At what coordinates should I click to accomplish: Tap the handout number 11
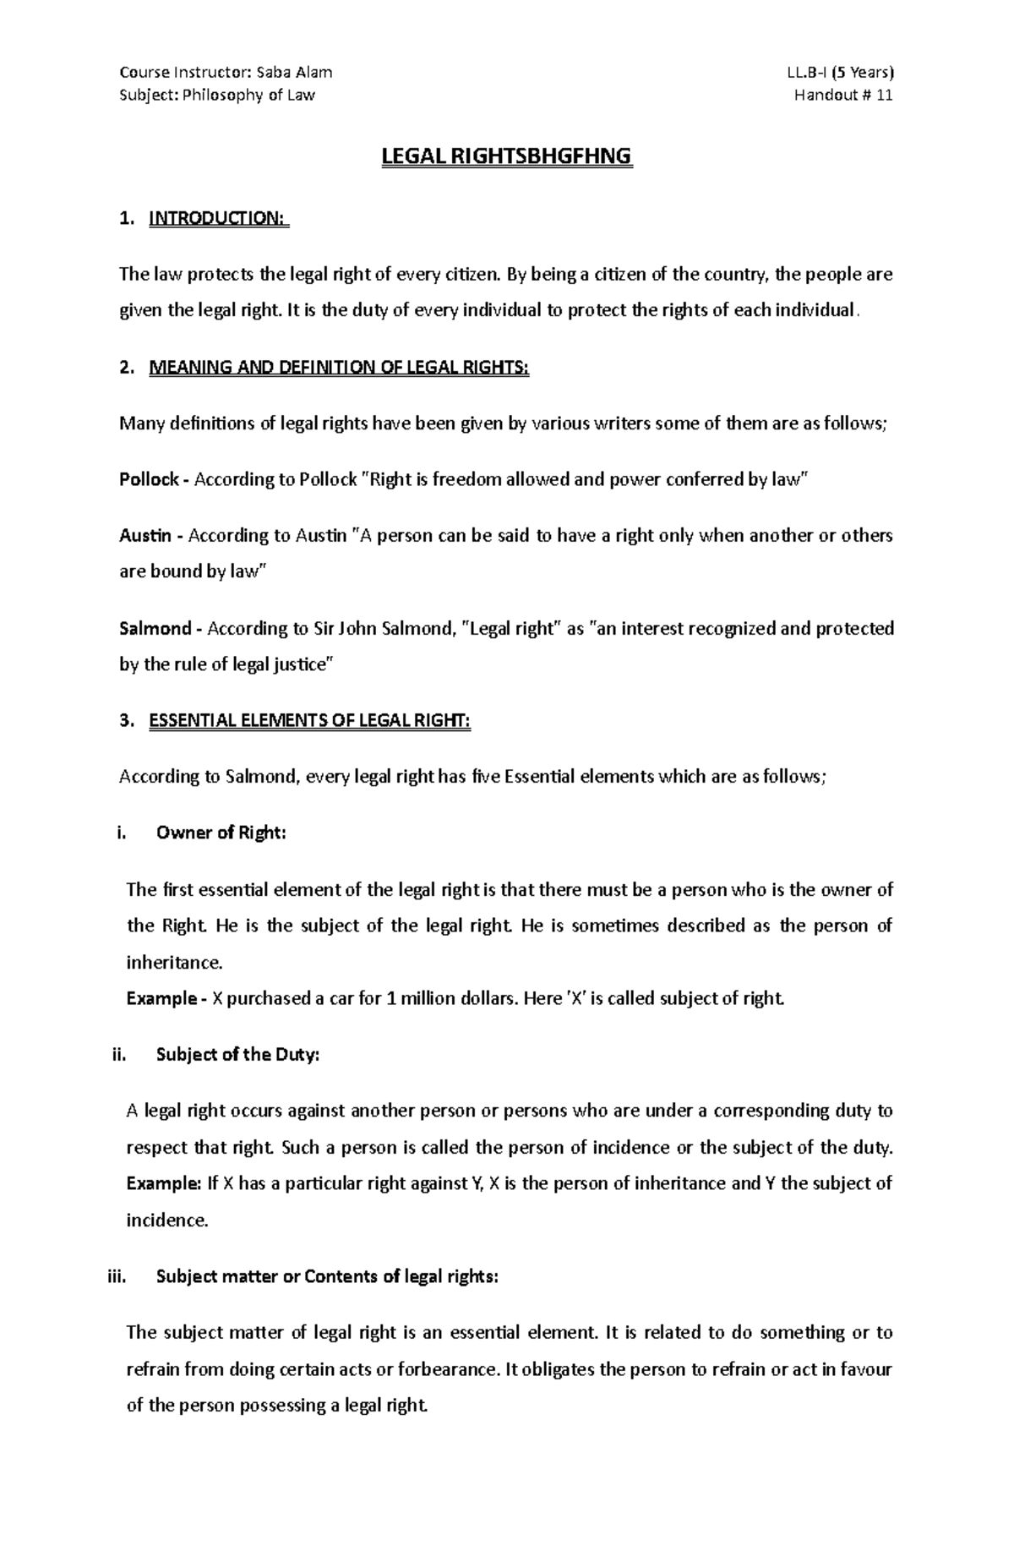(x=884, y=95)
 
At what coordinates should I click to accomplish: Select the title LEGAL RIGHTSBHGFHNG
(x=507, y=156)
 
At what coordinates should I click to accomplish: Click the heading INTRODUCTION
(x=217, y=219)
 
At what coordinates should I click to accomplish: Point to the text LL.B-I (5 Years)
(x=840, y=72)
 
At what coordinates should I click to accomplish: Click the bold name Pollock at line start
(x=149, y=480)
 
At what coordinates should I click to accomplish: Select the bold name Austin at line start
(x=144, y=536)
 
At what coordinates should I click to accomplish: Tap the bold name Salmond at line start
(x=155, y=629)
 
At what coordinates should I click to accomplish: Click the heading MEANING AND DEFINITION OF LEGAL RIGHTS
(x=338, y=368)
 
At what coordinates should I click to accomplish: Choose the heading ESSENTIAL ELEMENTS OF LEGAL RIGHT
(x=309, y=721)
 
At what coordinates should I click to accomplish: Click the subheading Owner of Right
(x=221, y=833)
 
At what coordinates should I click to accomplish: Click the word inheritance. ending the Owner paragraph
(x=175, y=962)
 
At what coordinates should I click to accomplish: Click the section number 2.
(x=127, y=368)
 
